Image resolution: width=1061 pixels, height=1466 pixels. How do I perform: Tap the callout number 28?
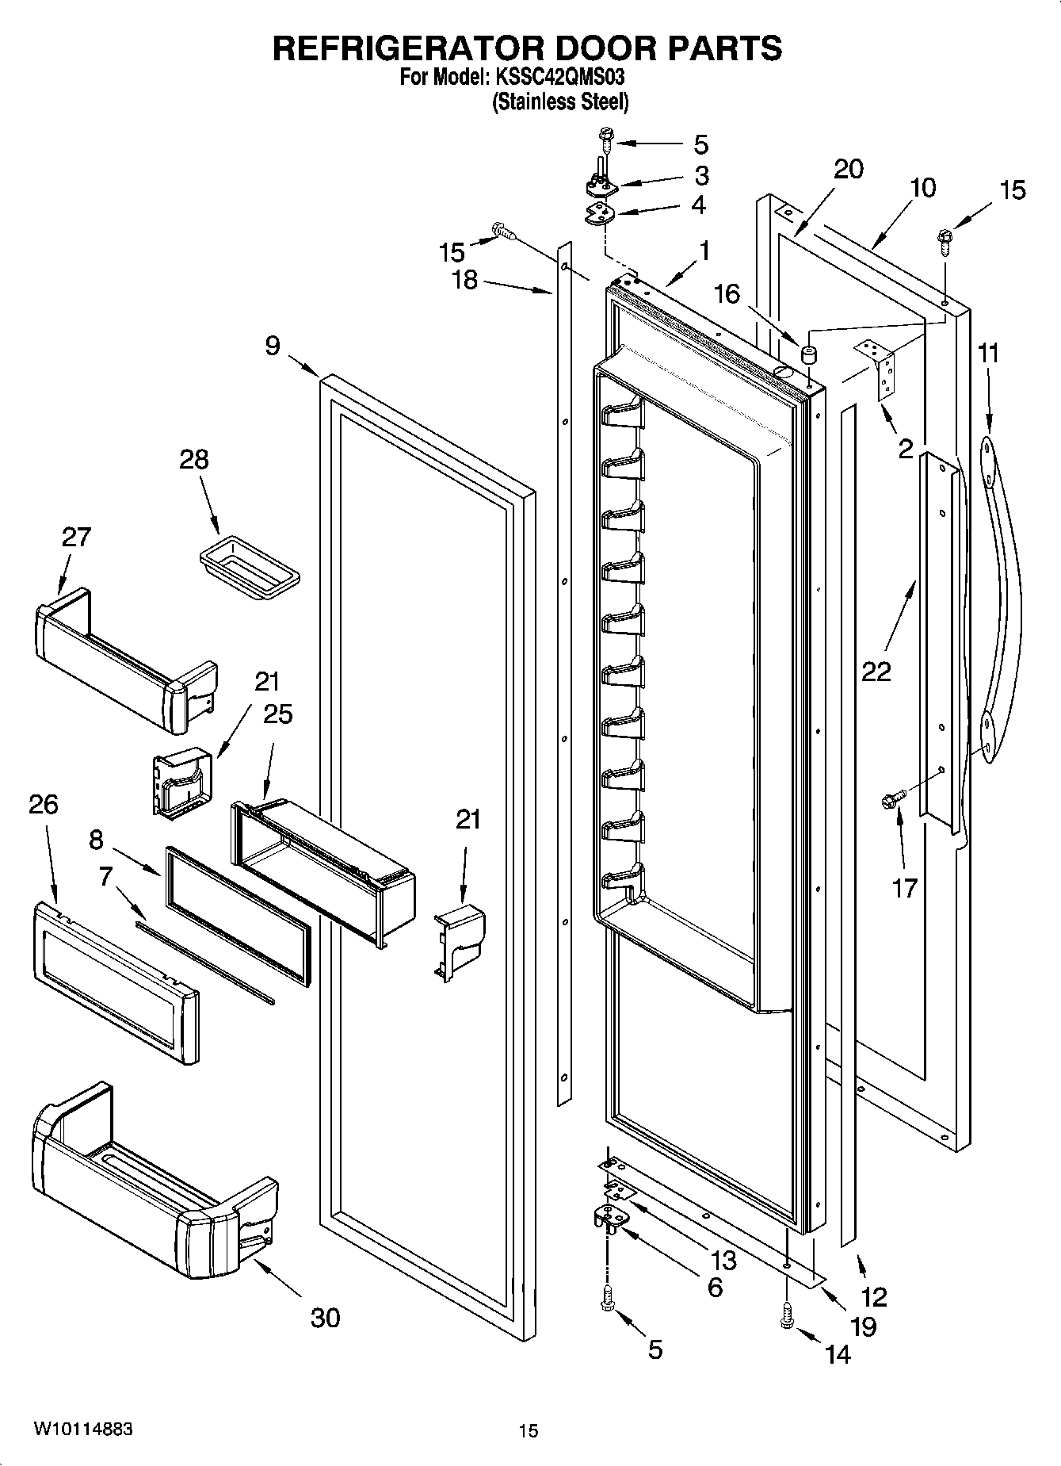(193, 459)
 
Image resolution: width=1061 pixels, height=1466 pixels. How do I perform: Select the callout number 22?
(876, 671)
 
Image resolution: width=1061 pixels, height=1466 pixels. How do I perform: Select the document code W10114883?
(82, 1430)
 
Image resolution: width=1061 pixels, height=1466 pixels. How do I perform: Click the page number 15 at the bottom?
(528, 1431)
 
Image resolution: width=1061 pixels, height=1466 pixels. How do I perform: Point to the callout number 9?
(273, 346)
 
